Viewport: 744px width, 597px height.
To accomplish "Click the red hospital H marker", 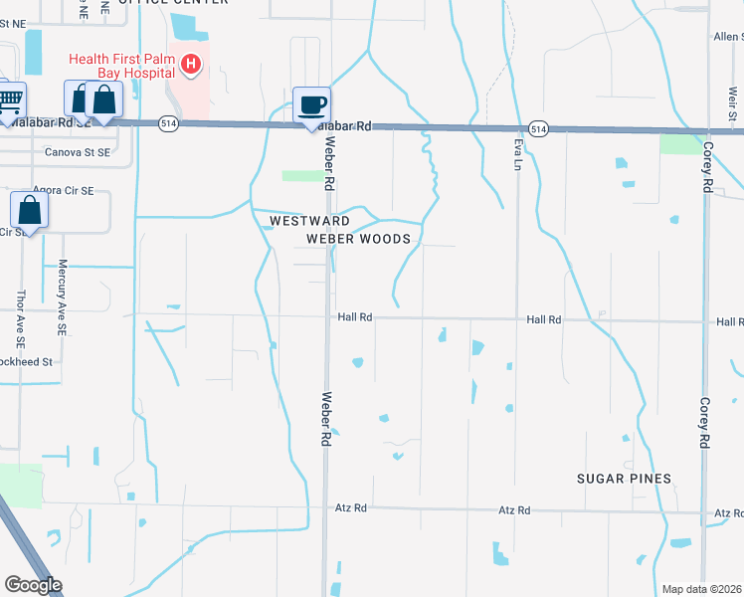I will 192,67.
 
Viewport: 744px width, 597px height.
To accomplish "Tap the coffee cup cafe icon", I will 311,105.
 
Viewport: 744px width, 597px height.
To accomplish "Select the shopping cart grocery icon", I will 10,101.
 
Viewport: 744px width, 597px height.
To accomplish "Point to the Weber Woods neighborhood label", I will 358,239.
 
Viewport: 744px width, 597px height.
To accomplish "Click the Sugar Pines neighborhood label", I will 625,479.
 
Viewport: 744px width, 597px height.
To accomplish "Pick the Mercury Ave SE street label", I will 62,297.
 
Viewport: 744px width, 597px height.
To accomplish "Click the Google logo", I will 33,585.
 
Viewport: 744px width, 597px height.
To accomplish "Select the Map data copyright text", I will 702,589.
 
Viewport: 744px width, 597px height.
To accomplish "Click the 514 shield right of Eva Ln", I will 538,129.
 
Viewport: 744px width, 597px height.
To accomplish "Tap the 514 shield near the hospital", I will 166,122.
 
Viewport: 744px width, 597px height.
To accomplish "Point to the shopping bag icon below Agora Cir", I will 30,211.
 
